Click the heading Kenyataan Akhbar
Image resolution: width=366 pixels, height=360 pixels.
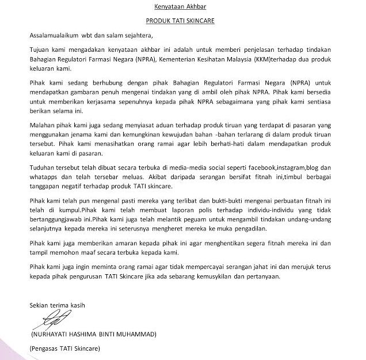[182, 8]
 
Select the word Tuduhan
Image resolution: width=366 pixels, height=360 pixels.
[43, 169]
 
